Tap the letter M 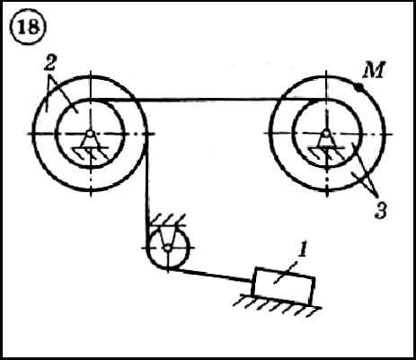pyautogui.click(x=373, y=71)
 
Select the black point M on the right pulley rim pyautogui.click(x=358, y=87)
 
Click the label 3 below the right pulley pyautogui.click(x=381, y=210)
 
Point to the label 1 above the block pyautogui.click(x=303, y=250)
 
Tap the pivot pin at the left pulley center pyautogui.click(x=90, y=134)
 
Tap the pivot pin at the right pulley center pyautogui.click(x=326, y=133)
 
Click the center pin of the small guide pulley pyautogui.click(x=168, y=248)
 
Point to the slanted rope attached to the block pyautogui.click(x=210, y=276)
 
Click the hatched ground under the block pyautogui.click(x=277, y=306)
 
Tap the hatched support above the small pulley pyautogui.click(x=169, y=220)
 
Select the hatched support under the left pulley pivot pyautogui.click(x=91, y=153)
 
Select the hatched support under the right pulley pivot pyautogui.click(x=326, y=152)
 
